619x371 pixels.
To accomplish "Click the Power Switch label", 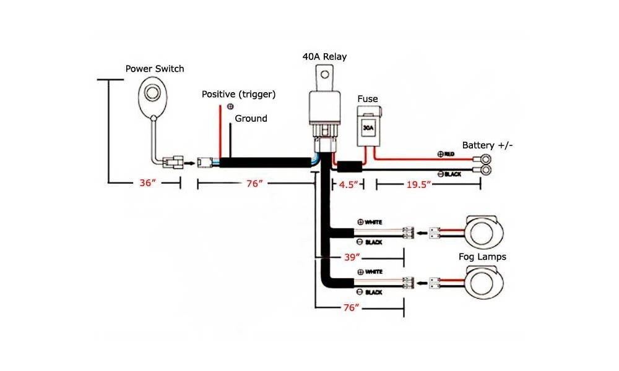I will click(x=155, y=69).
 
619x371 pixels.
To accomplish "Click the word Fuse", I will click(x=367, y=99).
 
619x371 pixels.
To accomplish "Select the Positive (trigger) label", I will click(x=238, y=94).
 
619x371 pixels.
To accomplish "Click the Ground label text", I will click(x=251, y=118).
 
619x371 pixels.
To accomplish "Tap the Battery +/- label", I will click(x=488, y=145).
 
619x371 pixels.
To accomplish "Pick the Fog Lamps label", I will click(x=482, y=256).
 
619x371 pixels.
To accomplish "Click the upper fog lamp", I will click(x=482, y=233).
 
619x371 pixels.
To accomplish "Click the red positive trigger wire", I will click(x=220, y=133).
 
